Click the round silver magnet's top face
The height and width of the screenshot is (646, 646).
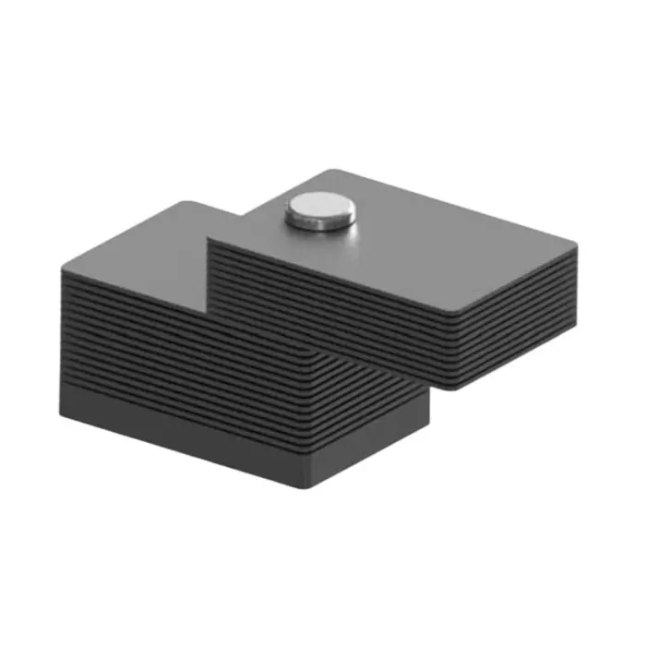tap(318, 207)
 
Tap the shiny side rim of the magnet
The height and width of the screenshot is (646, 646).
tap(319, 221)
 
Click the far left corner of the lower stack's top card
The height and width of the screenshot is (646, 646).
tap(63, 268)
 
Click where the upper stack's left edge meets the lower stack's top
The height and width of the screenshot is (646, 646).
tap(209, 242)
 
